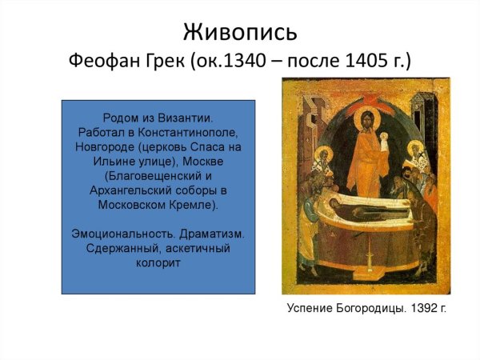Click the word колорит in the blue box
tap(158, 263)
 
